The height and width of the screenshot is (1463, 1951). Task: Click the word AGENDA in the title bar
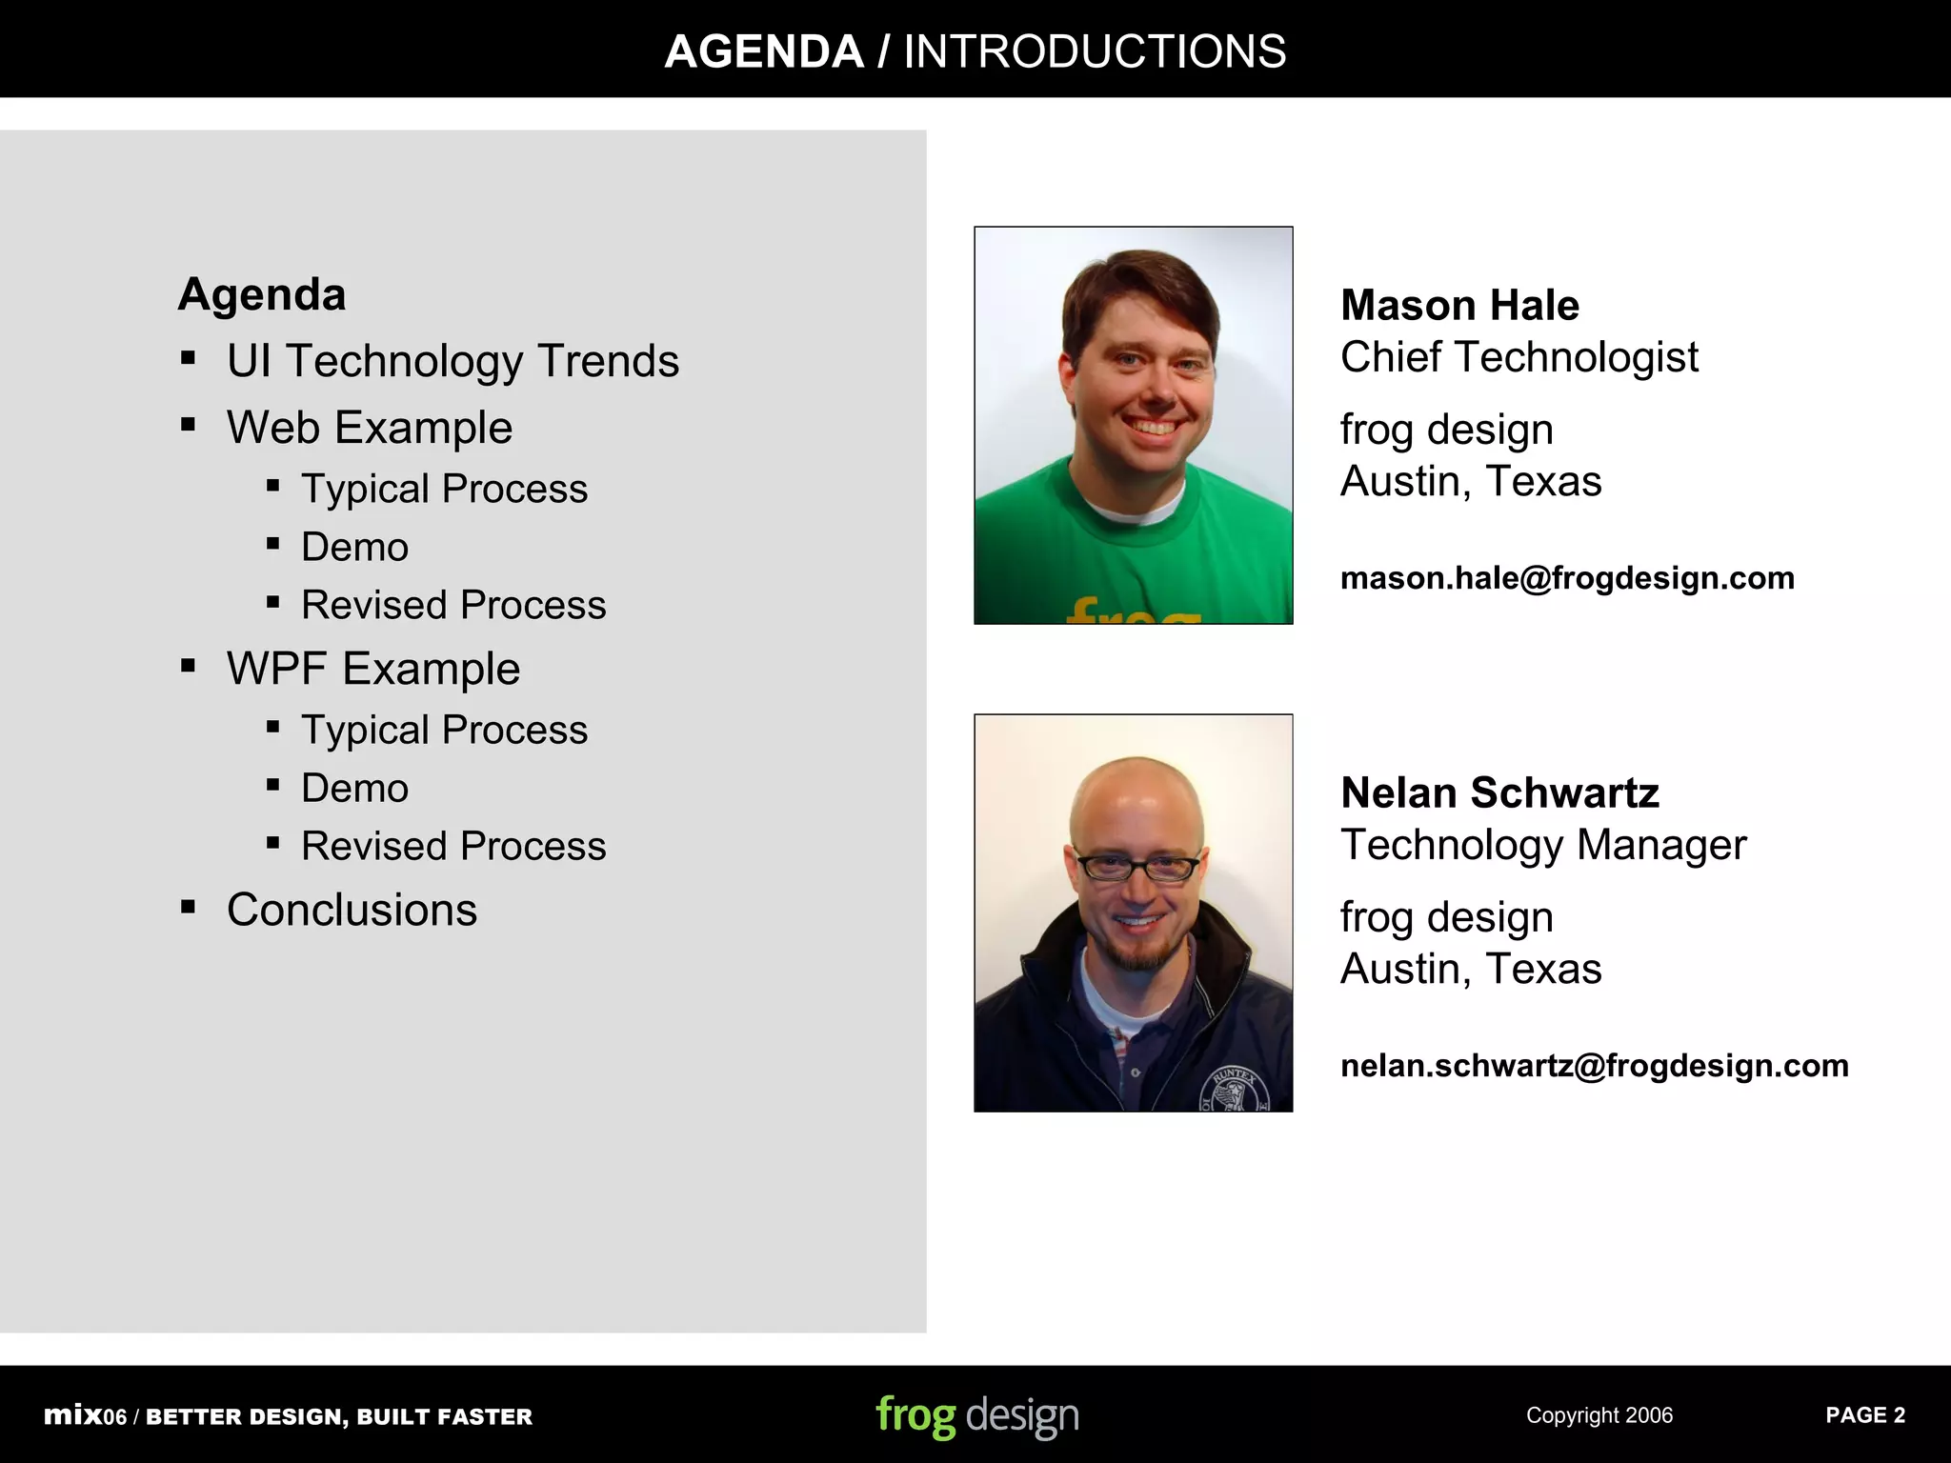point(763,51)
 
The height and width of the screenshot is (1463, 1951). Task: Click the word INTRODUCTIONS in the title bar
point(1095,51)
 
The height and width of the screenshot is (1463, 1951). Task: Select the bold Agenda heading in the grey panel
point(262,294)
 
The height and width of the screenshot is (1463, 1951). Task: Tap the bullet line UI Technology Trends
point(453,361)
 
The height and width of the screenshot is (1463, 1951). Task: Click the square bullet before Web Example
point(188,425)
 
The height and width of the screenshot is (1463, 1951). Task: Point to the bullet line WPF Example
point(373,669)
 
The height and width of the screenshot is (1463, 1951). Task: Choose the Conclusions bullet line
point(352,910)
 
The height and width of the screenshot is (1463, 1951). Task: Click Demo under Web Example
point(354,548)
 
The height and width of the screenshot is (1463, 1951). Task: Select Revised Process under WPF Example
point(453,846)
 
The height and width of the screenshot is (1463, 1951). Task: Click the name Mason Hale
point(1459,306)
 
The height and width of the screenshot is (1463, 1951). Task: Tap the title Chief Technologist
point(1519,357)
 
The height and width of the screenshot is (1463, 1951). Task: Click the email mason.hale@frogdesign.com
point(1567,578)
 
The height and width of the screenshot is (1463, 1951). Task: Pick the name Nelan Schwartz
point(1499,793)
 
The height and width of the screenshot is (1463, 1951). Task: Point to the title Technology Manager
point(1543,845)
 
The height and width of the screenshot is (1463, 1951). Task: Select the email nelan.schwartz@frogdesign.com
point(1594,1066)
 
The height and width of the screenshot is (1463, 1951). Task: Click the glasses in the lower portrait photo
point(1137,868)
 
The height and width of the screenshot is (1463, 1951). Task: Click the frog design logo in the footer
point(977,1416)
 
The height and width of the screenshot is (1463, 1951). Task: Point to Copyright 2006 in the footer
point(1599,1415)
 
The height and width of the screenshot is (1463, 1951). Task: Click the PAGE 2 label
point(1864,1415)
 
